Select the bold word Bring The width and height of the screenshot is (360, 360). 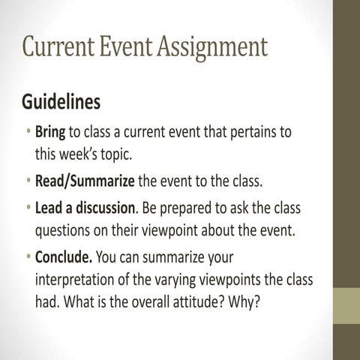pos(50,132)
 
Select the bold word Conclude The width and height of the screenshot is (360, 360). pos(64,257)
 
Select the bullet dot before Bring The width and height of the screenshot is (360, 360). pos(28,133)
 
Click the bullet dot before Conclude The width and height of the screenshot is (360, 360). pos(28,258)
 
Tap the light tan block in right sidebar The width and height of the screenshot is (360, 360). pos(346,305)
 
